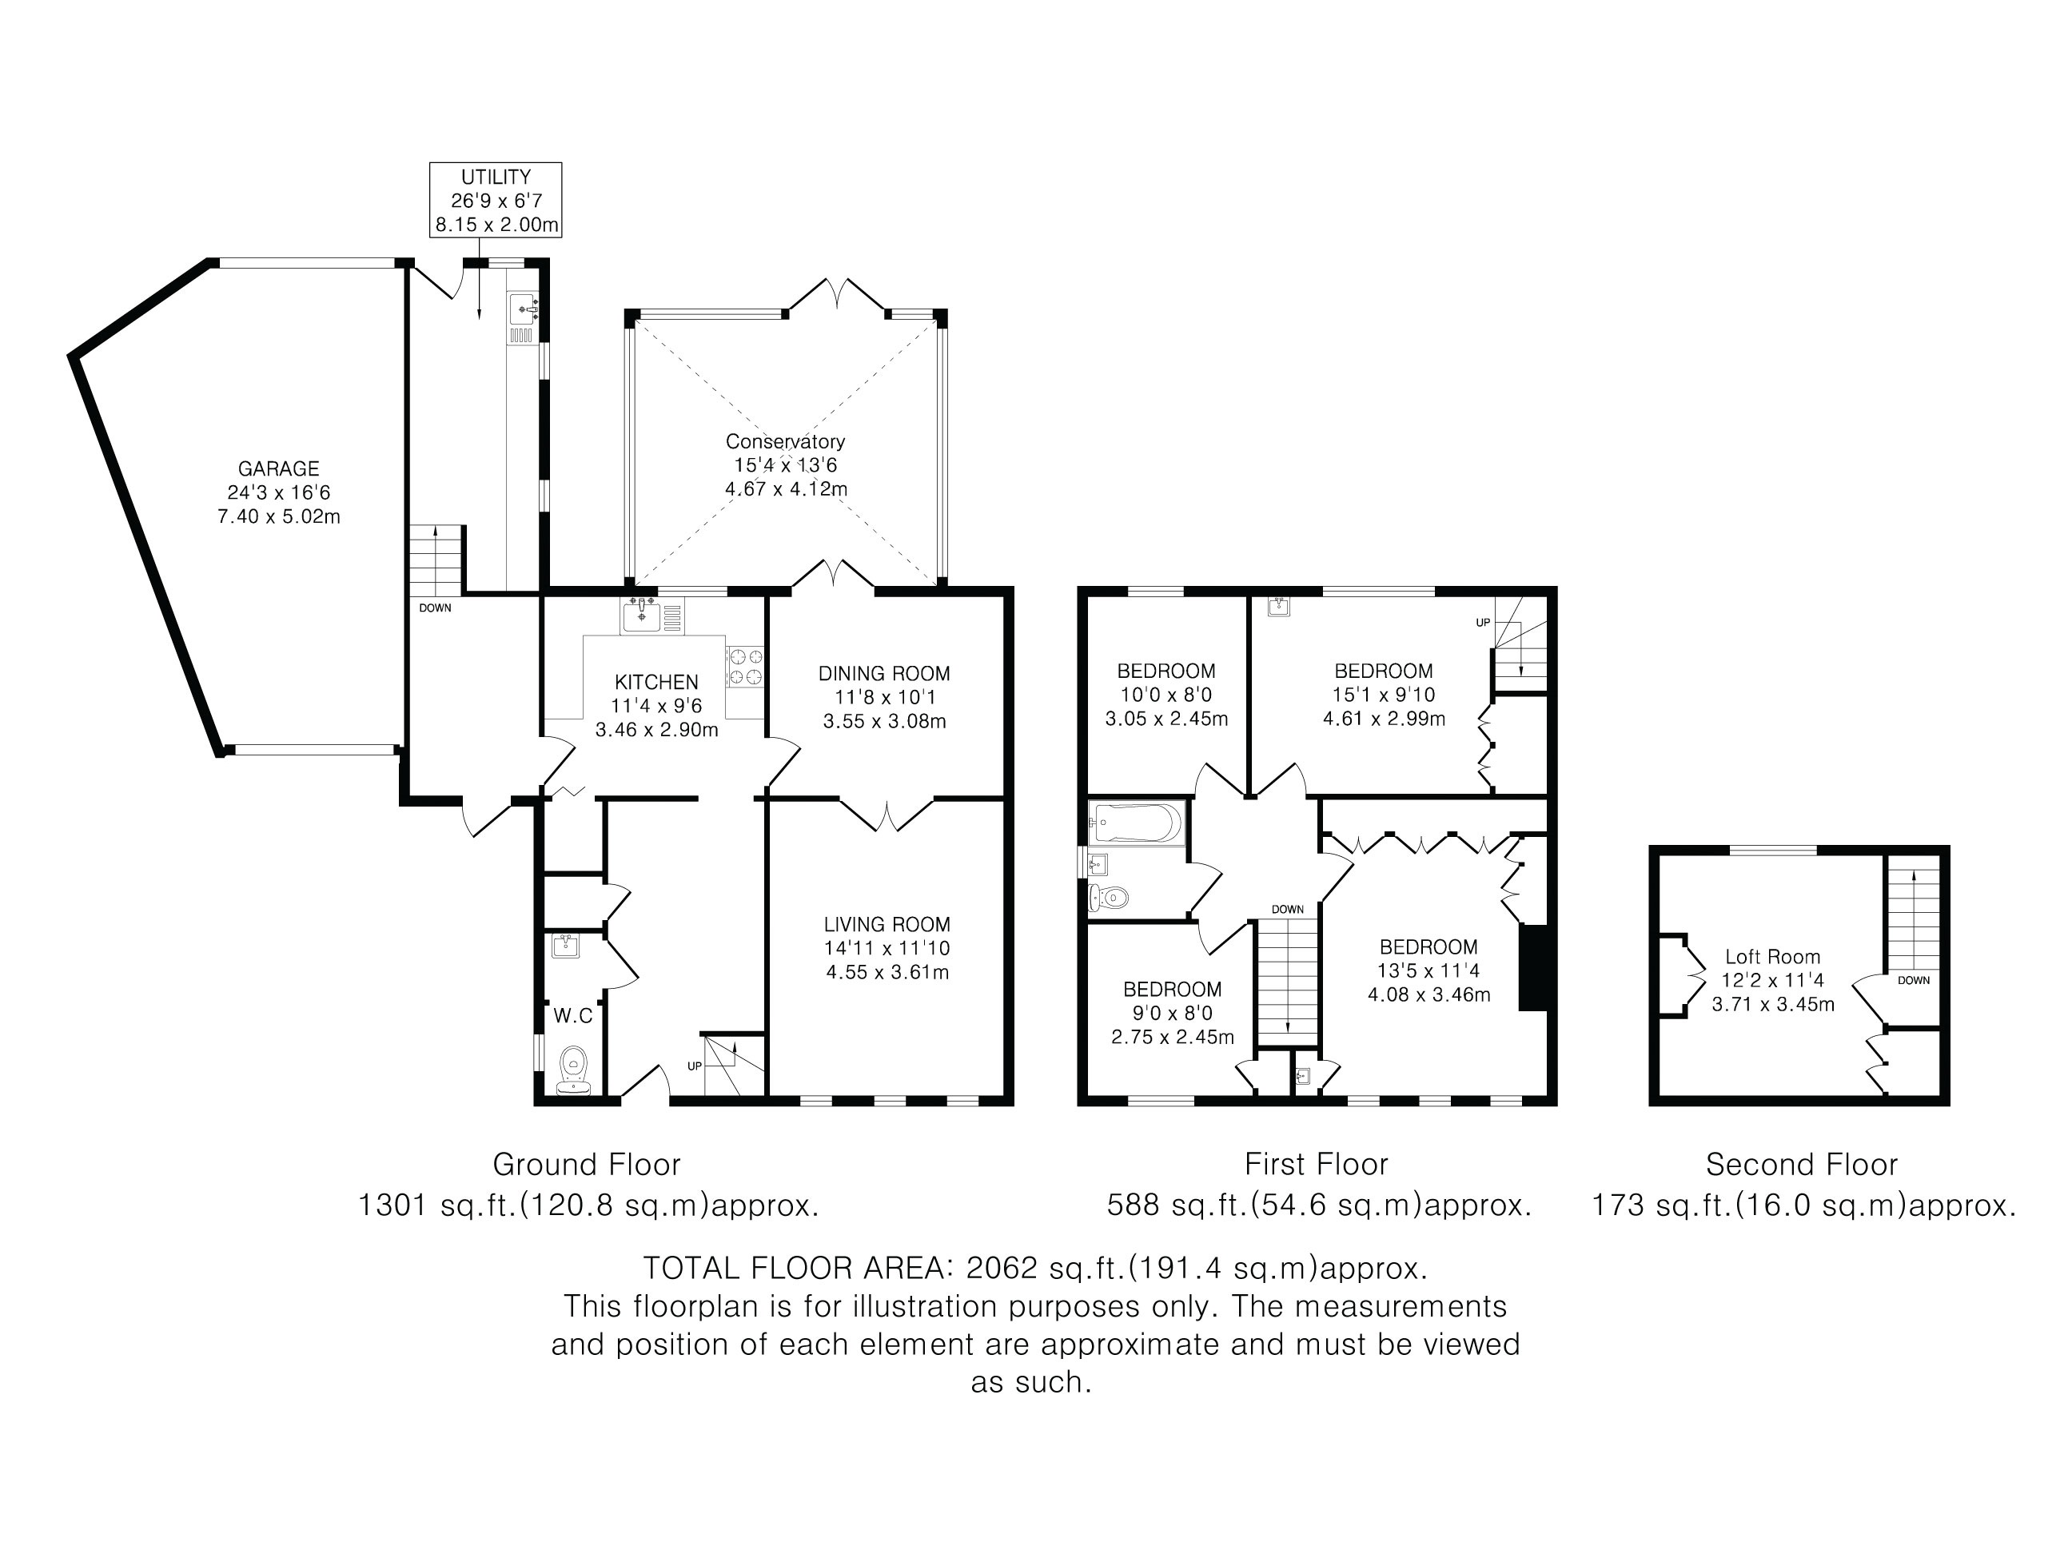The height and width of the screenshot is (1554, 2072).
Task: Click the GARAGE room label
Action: (278, 468)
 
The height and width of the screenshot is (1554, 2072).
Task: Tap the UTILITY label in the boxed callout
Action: (496, 177)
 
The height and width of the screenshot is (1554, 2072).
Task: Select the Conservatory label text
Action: (785, 441)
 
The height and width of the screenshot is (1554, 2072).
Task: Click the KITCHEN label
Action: (656, 682)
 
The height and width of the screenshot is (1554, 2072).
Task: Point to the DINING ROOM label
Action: (884, 674)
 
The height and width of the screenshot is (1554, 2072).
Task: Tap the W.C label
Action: (573, 1015)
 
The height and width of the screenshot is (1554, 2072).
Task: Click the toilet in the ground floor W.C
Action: (573, 1070)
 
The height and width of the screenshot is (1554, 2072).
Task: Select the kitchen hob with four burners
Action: (746, 666)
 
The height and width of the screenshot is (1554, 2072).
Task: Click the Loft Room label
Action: (1772, 956)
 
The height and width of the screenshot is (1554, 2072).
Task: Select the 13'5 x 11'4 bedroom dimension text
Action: (1428, 970)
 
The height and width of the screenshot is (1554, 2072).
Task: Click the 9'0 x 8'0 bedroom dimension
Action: (1172, 1013)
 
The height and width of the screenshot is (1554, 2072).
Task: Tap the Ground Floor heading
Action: (587, 1165)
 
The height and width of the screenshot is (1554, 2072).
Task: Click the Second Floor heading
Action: (1801, 1165)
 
